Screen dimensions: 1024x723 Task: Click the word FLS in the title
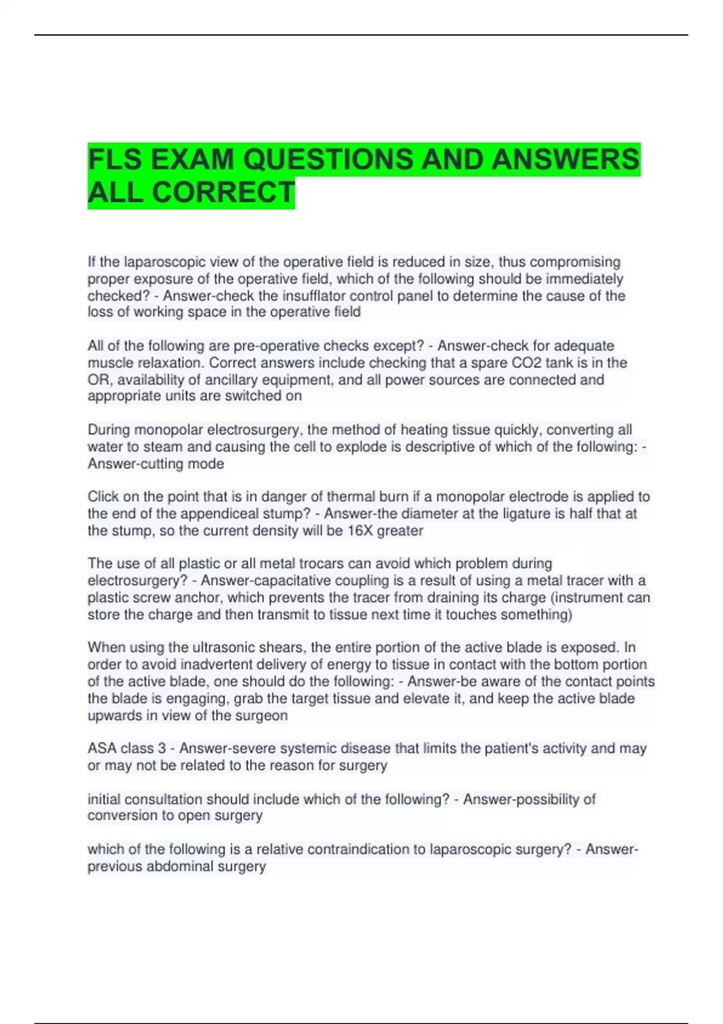coord(114,160)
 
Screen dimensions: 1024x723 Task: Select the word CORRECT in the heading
coord(224,193)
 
